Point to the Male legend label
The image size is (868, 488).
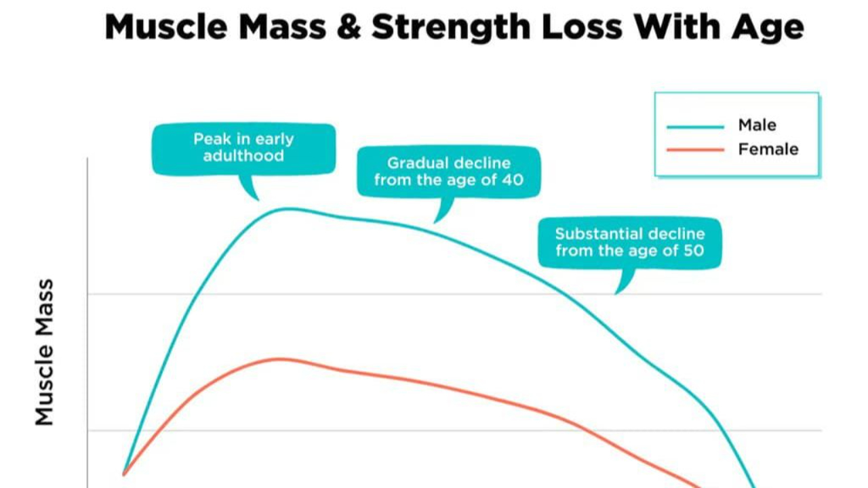757,125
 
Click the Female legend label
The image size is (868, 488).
768,149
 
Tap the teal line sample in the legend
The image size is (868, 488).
695,127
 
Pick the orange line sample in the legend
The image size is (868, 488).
695,150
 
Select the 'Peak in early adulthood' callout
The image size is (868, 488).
243,148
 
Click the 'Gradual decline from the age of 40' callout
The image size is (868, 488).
448,171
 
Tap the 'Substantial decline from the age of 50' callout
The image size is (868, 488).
630,243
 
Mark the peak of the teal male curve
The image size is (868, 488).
288,208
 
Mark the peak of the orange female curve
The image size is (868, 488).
278,359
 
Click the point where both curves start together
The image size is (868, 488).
124,474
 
